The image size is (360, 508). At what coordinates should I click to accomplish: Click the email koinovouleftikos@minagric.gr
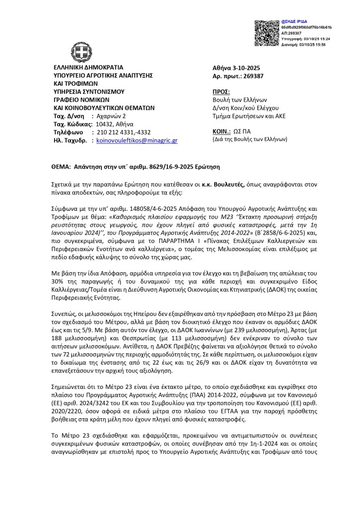[137, 140]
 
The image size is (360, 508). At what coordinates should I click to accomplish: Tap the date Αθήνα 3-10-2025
[239, 67]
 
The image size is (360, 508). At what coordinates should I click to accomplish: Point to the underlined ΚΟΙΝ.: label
[221, 132]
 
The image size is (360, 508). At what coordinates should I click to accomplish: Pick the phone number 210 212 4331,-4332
[122, 132]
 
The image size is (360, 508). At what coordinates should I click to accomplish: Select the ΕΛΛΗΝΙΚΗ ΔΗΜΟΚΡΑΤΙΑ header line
[88, 67]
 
